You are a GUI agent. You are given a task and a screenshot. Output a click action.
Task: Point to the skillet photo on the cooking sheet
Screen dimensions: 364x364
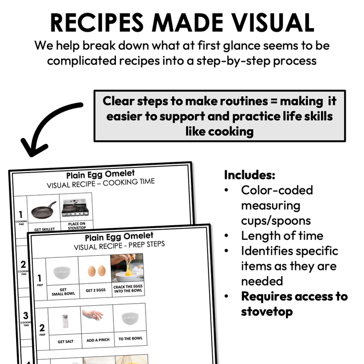pos(44,210)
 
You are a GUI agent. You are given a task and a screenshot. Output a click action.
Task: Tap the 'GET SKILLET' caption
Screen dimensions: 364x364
pos(44,229)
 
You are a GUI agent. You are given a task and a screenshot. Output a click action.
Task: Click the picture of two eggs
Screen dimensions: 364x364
pos(95,271)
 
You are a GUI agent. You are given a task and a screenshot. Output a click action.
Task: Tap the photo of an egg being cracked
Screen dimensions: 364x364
pos(127,268)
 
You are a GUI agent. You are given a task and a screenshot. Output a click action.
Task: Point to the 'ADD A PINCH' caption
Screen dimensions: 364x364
pos(96,341)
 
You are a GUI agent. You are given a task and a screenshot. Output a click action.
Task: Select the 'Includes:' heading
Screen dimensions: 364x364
pos(250,175)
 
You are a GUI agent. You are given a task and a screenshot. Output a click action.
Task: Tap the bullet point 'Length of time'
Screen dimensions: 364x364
pos(282,236)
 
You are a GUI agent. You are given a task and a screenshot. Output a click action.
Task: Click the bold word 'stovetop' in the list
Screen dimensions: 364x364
pos(267,311)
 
